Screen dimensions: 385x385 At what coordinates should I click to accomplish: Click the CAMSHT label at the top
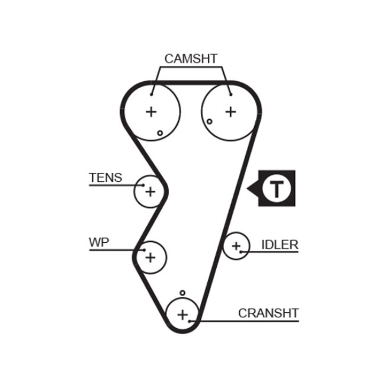click(191, 58)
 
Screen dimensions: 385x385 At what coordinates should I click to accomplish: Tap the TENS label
click(105, 177)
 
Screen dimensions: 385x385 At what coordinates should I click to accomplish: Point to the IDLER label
click(280, 245)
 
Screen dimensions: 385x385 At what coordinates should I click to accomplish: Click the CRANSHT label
click(268, 313)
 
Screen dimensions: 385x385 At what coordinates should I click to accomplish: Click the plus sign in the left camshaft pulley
click(151, 111)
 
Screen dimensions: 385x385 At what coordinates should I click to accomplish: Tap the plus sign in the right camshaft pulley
click(230, 111)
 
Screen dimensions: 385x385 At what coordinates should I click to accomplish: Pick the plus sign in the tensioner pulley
click(150, 191)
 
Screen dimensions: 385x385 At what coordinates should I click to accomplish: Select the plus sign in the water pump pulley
click(150, 257)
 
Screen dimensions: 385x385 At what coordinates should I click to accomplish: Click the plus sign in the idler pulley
click(236, 245)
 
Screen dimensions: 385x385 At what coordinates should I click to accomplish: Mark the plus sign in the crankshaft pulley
click(182, 313)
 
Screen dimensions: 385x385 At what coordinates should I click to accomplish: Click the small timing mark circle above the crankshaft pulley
click(182, 293)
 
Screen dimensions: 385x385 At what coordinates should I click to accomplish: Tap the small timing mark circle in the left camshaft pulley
click(160, 133)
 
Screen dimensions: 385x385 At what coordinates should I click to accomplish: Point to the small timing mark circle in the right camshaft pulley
click(210, 122)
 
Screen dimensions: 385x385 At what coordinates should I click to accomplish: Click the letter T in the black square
click(277, 188)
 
